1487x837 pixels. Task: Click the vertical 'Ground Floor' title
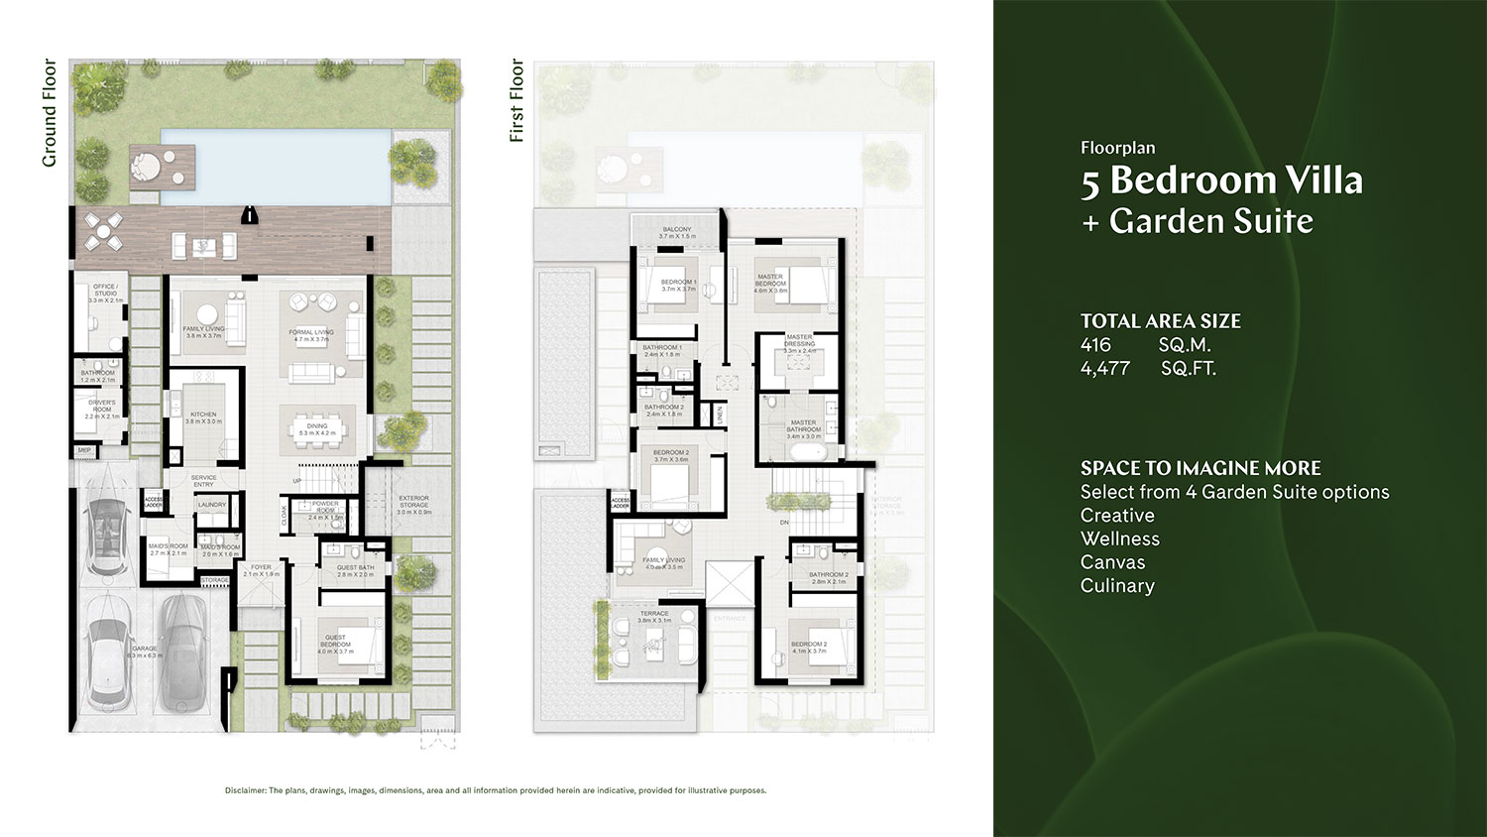click(x=50, y=113)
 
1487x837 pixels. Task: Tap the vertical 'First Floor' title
click(x=515, y=100)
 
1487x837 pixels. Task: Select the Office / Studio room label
click(x=105, y=293)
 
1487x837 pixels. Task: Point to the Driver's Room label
click(x=102, y=409)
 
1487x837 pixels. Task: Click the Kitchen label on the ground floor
click(x=203, y=418)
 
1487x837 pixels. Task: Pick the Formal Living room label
click(x=311, y=335)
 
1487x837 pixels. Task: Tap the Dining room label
click(x=317, y=429)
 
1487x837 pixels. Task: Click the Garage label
click(x=144, y=652)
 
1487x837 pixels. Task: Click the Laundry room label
click(x=212, y=505)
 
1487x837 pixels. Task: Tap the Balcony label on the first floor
click(x=678, y=232)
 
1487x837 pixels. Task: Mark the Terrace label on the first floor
click(x=654, y=616)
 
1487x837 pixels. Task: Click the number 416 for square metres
click(x=1095, y=345)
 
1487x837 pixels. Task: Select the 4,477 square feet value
click(x=1105, y=369)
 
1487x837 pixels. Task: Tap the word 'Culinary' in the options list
click(x=1117, y=586)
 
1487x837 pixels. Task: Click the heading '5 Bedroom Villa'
click(x=1221, y=180)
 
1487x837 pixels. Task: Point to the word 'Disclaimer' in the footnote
click(x=245, y=790)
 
